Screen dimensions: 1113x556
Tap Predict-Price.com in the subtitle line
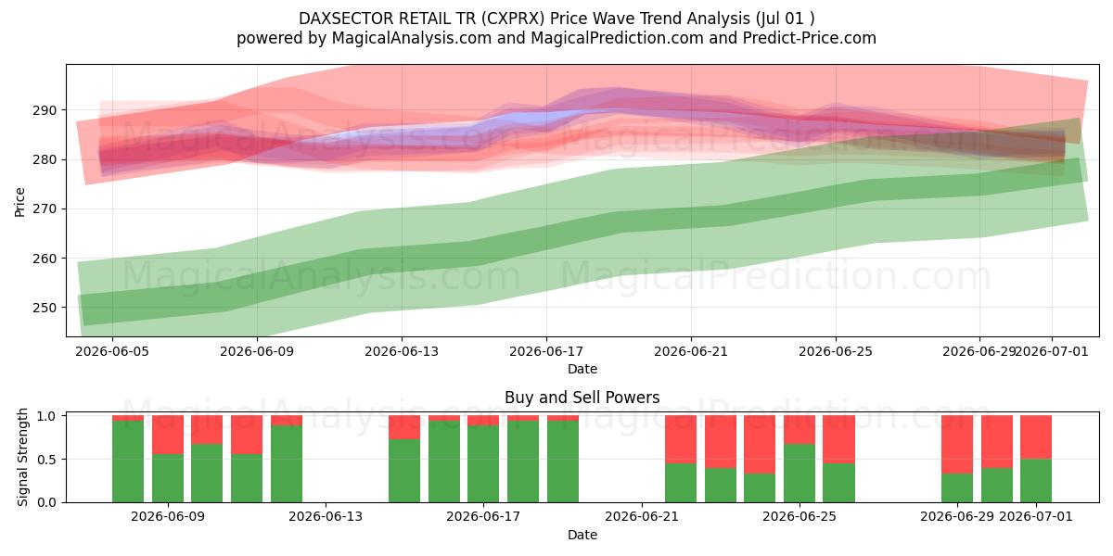coord(810,38)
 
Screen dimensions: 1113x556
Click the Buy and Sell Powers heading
coord(582,398)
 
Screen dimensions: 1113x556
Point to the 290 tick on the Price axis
coord(45,110)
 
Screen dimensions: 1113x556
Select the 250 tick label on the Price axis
coord(45,308)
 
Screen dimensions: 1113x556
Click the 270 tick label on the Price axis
coord(45,209)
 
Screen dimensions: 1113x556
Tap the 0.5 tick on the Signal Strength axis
coord(47,460)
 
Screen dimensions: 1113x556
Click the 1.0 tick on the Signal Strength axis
coord(47,416)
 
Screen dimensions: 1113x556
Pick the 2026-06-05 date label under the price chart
coord(112,351)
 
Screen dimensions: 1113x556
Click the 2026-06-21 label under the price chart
coord(691,351)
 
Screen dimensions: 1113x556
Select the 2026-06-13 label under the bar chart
coord(326,517)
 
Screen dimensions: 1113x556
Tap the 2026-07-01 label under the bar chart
coord(1036,517)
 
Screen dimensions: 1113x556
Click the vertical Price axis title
coord(19,202)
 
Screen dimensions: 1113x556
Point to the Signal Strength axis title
coord(22,457)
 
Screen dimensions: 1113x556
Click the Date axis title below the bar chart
coord(582,535)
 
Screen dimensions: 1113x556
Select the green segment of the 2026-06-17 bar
coord(483,463)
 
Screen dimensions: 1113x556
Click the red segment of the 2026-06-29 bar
coord(957,444)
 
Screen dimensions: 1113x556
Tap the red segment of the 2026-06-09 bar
coord(168,435)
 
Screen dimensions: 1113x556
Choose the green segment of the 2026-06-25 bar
coord(800,474)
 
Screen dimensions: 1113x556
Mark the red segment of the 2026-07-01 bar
coord(1036,437)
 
